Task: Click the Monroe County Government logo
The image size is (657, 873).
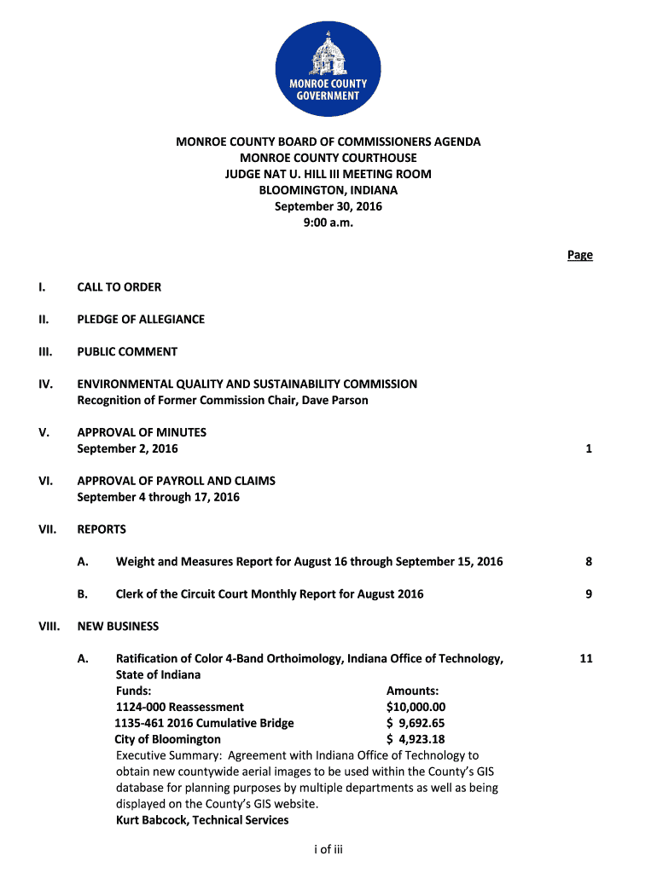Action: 328,67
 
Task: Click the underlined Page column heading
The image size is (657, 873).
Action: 580,255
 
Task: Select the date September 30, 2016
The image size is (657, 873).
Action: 328,206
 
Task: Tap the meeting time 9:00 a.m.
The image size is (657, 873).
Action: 328,223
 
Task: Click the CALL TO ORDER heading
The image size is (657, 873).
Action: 119,287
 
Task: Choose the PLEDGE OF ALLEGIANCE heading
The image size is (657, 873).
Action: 141,320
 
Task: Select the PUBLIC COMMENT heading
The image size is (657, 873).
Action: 127,351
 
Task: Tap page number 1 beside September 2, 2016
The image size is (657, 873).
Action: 589,448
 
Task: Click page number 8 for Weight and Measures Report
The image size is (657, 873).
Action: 589,562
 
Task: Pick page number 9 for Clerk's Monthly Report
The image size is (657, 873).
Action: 589,594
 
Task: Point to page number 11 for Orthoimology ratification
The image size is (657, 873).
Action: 585,658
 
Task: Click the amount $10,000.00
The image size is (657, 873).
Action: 416,707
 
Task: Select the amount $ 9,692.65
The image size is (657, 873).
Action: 416,723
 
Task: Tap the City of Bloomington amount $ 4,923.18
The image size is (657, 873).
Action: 416,739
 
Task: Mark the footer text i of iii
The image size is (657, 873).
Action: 328,848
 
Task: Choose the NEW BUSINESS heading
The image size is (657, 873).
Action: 118,626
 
